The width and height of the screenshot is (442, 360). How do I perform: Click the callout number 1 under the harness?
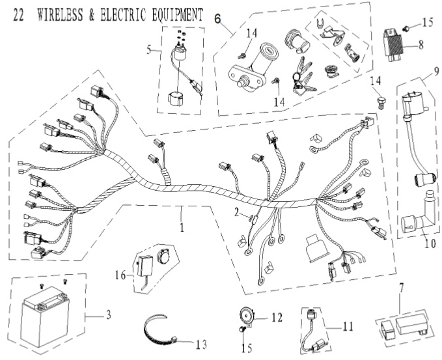pyautogui.click(x=182, y=228)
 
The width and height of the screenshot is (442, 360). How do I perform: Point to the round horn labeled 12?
pyautogui.click(x=247, y=314)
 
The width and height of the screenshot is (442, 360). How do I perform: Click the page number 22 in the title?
pyautogui.click(x=19, y=14)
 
